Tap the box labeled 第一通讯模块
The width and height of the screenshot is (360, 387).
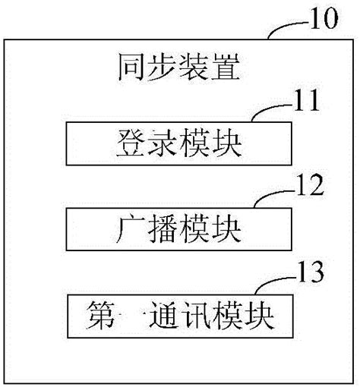click(180, 312)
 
